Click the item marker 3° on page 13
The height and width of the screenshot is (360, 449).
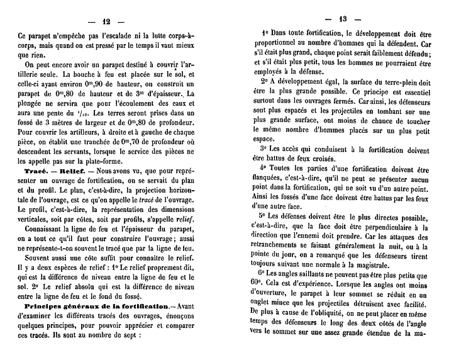pyautogui.click(x=264, y=150)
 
